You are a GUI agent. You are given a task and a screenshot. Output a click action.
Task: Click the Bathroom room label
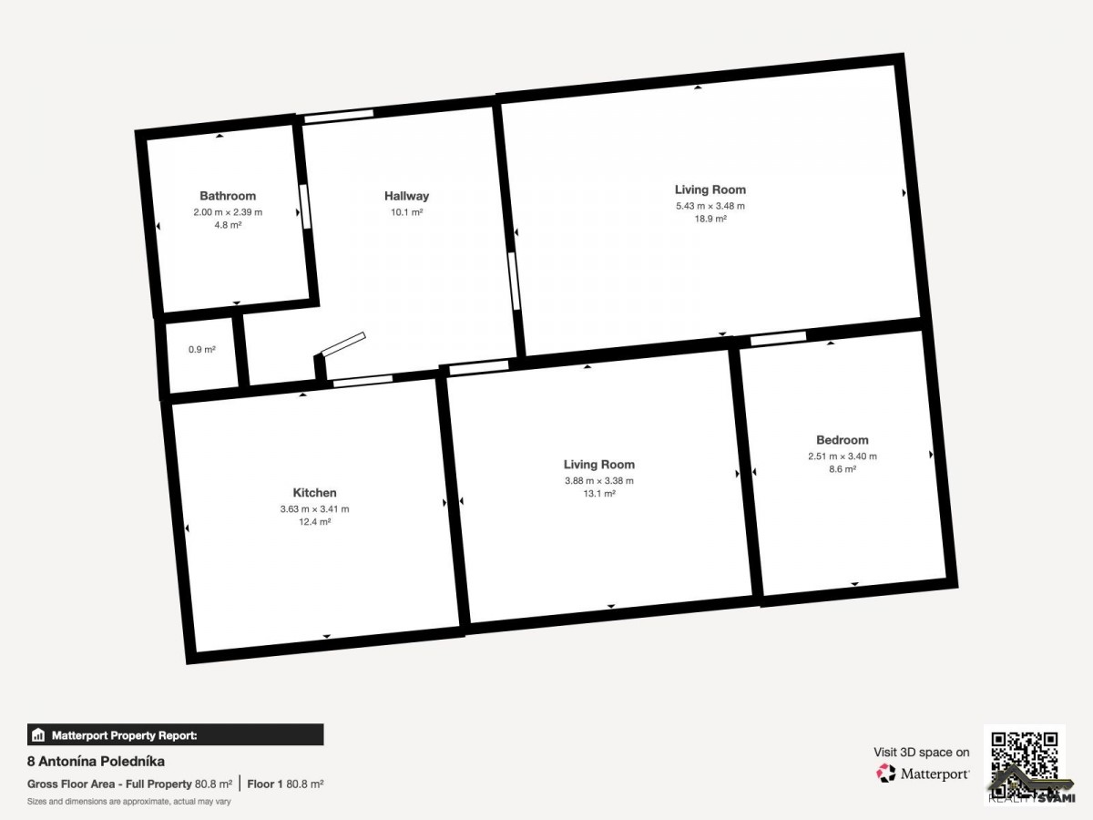(x=228, y=196)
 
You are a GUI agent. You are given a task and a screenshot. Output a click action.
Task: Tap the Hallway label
(x=406, y=196)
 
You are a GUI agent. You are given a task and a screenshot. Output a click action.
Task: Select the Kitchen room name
(x=314, y=492)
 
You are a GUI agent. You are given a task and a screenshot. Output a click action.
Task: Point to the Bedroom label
(x=842, y=440)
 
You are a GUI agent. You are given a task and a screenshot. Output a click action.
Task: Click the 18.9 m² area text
(x=710, y=219)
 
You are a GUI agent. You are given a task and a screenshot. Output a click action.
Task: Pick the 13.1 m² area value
(x=599, y=494)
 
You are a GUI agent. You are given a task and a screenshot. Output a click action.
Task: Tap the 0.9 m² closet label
(x=201, y=350)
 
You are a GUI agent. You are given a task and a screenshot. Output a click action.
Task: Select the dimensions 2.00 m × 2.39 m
(x=228, y=212)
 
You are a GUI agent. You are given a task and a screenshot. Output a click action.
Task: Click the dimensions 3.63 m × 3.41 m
(x=314, y=508)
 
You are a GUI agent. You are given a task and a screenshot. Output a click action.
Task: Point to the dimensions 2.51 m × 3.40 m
(x=842, y=456)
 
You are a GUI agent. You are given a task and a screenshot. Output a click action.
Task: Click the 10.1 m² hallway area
(x=406, y=212)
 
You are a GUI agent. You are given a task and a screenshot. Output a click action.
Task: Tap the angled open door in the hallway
(x=343, y=343)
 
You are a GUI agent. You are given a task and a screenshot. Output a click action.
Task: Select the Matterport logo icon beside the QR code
(x=885, y=774)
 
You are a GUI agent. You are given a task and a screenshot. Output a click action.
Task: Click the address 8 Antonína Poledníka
(x=96, y=762)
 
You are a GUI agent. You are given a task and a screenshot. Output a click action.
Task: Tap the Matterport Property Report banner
(x=175, y=735)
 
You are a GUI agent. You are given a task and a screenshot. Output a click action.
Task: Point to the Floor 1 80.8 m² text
(x=285, y=784)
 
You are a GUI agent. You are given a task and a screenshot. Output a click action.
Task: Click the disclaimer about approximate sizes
(x=129, y=802)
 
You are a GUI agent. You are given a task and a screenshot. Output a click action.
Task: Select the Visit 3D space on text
(x=921, y=753)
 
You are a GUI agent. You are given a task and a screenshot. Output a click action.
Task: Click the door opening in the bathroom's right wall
(x=304, y=207)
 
